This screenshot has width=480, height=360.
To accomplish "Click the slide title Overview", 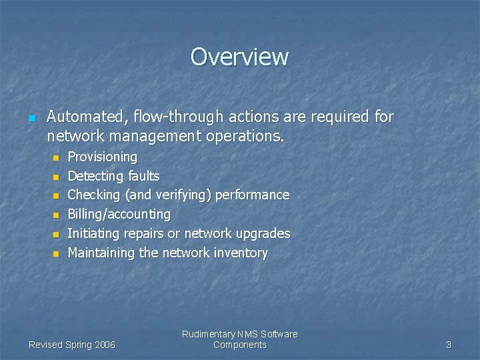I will (239, 57).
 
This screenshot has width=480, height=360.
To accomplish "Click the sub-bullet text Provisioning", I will (103, 157).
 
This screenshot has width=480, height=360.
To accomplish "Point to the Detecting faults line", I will (113, 176).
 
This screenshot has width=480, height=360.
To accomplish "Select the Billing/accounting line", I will (119, 215).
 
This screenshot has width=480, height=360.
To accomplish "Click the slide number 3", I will (448, 345).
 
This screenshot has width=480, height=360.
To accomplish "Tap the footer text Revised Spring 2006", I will (72, 345).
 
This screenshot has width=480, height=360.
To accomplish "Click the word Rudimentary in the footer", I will (209, 334).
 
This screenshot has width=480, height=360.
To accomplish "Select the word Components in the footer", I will (239, 345).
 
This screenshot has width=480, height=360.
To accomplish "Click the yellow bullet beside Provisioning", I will (56, 159).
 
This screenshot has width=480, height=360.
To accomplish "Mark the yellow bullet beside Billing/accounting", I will (56, 216).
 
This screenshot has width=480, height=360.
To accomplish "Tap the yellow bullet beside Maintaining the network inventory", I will (56, 254).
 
